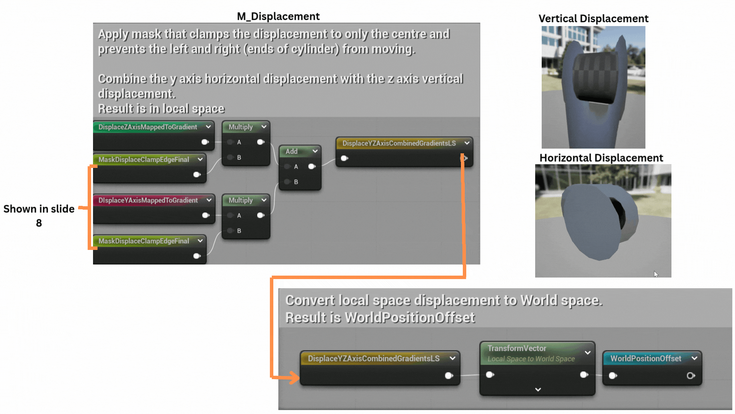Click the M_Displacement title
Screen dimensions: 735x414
tap(278, 16)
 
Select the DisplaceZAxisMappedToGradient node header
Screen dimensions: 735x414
tap(154, 127)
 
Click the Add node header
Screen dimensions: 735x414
tap(300, 151)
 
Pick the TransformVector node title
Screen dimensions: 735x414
tap(516, 348)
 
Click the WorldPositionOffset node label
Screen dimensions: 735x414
tap(645, 358)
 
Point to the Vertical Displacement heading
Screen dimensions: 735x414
tap(593, 18)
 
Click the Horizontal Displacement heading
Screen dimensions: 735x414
tap(601, 158)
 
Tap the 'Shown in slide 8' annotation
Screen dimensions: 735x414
tap(39, 215)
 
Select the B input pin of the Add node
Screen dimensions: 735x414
tap(287, 182)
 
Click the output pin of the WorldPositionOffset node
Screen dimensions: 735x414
tap(691, 376)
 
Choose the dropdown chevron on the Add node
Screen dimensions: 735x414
tap(315, 151)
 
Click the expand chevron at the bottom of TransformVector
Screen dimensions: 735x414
tap(538, 389)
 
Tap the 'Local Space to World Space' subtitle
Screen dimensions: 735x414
tap(531, 359)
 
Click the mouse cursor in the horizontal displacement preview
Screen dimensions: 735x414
tap(656, 274)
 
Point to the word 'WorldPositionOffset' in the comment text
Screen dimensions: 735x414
tap(410, 317)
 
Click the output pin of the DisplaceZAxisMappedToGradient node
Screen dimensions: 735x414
tap(205, 142)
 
